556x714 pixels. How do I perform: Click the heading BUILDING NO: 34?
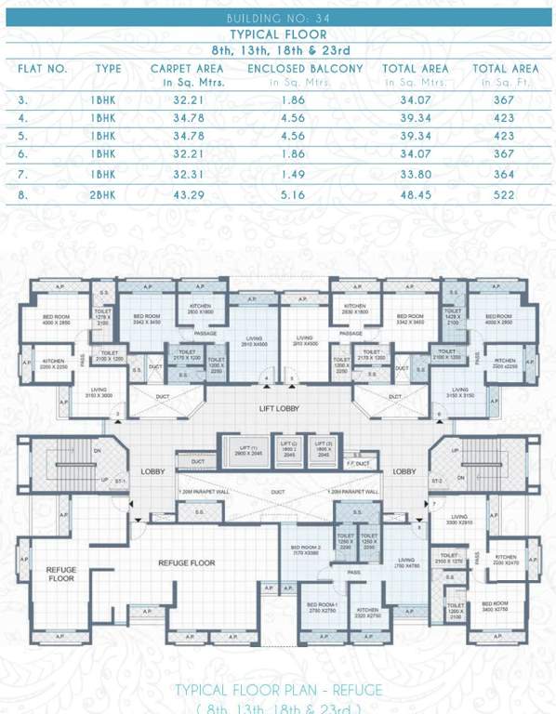pos(278,19)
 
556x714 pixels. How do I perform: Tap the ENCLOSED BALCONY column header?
pos(306,69)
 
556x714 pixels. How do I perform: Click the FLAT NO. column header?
pos(43,69)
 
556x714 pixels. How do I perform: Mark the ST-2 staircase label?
pos(437,481)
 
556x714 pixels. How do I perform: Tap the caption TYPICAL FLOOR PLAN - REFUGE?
pos(278,691)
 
